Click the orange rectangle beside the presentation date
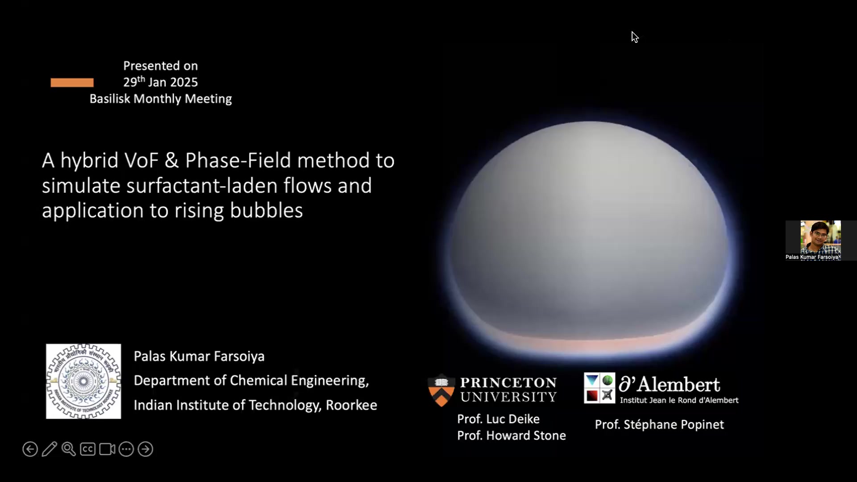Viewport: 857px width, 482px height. click(x=72, y=83)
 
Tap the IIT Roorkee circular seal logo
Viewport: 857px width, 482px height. click(x=83, y=381)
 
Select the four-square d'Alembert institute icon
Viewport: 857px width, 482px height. click(x=599, y=388)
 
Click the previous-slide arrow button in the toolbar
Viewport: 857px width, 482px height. click(x=30, y=449)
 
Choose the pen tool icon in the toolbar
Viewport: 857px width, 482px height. click(x=50, y=449)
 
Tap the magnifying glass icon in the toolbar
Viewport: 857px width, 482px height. click(x=69, y=449)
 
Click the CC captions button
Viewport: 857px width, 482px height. click(x=87, y=449)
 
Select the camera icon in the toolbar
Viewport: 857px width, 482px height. click(x=107, y=449)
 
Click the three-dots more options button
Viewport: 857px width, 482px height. click(x=126, y=449)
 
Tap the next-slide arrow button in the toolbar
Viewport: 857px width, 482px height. click(x=146, y=449)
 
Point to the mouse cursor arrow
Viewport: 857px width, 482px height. click(x=635, y=37)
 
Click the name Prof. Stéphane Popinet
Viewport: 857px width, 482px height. click(x=659, y=424)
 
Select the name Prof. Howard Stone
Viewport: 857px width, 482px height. click(x=512, y=435)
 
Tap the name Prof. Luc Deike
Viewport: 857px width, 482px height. click(x=498, y=419)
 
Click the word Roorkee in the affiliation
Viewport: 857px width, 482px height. click(x=351, y=405)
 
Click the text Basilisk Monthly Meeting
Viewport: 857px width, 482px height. click(x=161, y=99)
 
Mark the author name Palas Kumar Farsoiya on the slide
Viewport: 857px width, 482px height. click(x=199, y=356)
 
